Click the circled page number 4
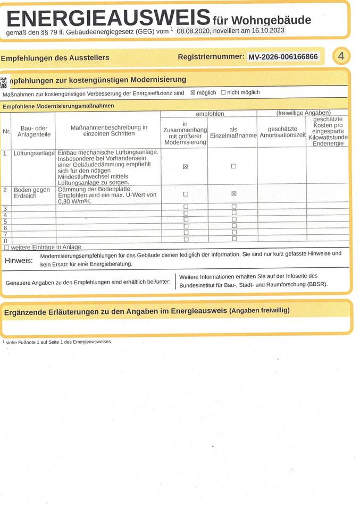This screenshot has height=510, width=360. (341, 56)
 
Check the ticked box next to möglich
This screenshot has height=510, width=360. (193, 92)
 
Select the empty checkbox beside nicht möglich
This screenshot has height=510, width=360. (223, 92)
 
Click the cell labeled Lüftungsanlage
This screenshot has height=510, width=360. (34, 153)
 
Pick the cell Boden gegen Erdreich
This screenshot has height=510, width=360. (32, 193)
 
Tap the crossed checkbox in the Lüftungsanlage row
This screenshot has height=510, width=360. (186, 166)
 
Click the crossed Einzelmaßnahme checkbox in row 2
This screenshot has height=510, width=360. (233, 194)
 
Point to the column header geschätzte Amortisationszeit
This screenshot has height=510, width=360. (282, 132)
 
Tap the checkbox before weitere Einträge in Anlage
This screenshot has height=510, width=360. (6, 247)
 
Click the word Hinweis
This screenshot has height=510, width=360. (19, 260)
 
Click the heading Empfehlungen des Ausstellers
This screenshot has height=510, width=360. (55, 58)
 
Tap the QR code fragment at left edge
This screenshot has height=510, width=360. (3, 82)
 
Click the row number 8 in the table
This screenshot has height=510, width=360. (5, 241)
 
